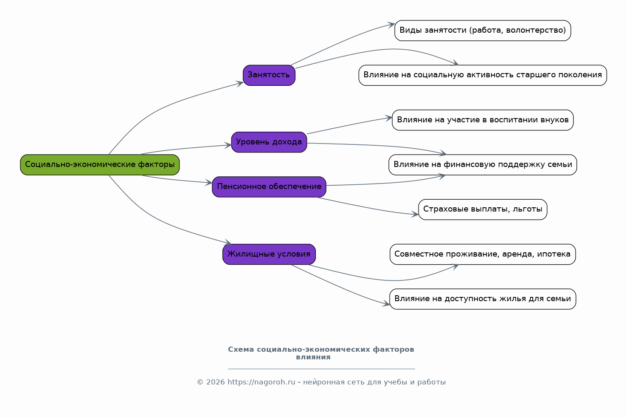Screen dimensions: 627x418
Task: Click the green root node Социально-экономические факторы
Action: click(x=100, y=165)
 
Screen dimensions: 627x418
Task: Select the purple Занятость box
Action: click(x=269, y=75)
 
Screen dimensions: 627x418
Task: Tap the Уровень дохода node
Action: click(x=269, y=142)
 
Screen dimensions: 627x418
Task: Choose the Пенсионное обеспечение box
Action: click(x=269, y=187)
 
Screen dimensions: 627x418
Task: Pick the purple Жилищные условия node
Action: click(x=269, y=254)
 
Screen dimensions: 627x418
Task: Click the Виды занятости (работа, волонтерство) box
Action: click(x=483, y=31)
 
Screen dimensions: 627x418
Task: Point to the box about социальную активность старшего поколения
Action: click(x=483, y=75)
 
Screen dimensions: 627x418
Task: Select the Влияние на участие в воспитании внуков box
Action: click(x=483, y=120)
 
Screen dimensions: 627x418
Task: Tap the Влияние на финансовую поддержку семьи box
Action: click(x=483, y=165)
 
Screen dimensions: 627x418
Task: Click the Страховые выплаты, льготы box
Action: click(x=483, y=209)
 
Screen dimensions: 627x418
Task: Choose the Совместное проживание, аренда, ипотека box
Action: click(x=483, y=254)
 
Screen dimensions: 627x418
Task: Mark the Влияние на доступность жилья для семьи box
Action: click(x=483, y=299)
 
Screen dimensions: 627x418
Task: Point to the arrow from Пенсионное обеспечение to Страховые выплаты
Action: click(x=367, y=208)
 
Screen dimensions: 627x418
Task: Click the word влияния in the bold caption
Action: click(x=313, y=357)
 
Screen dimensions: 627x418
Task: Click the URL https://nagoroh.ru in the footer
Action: click(x=261, y=382)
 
